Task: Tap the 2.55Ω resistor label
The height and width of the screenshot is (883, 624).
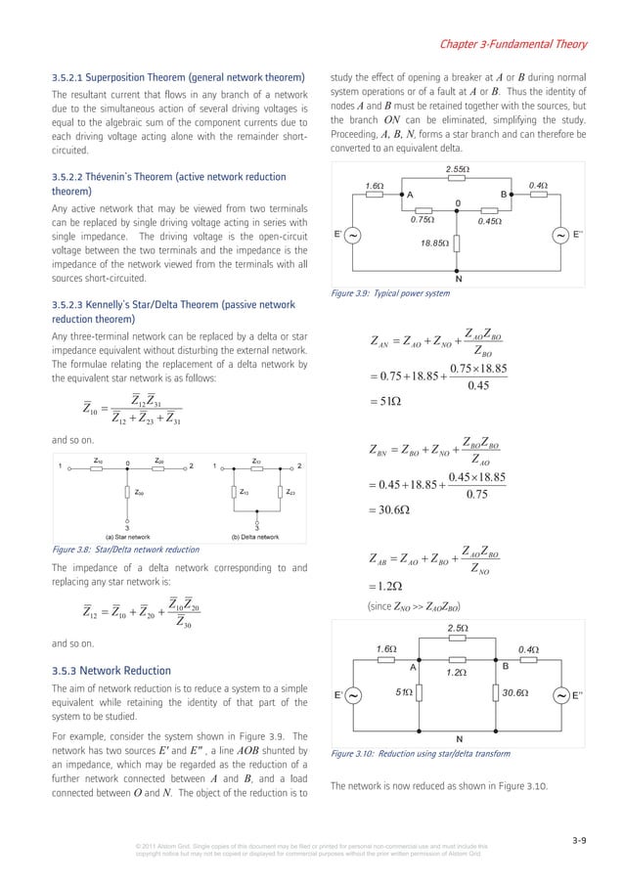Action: [457, 170]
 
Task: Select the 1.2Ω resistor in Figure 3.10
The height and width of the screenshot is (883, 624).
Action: [455, 658]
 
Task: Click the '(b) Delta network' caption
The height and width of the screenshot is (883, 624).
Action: [256, 537]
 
